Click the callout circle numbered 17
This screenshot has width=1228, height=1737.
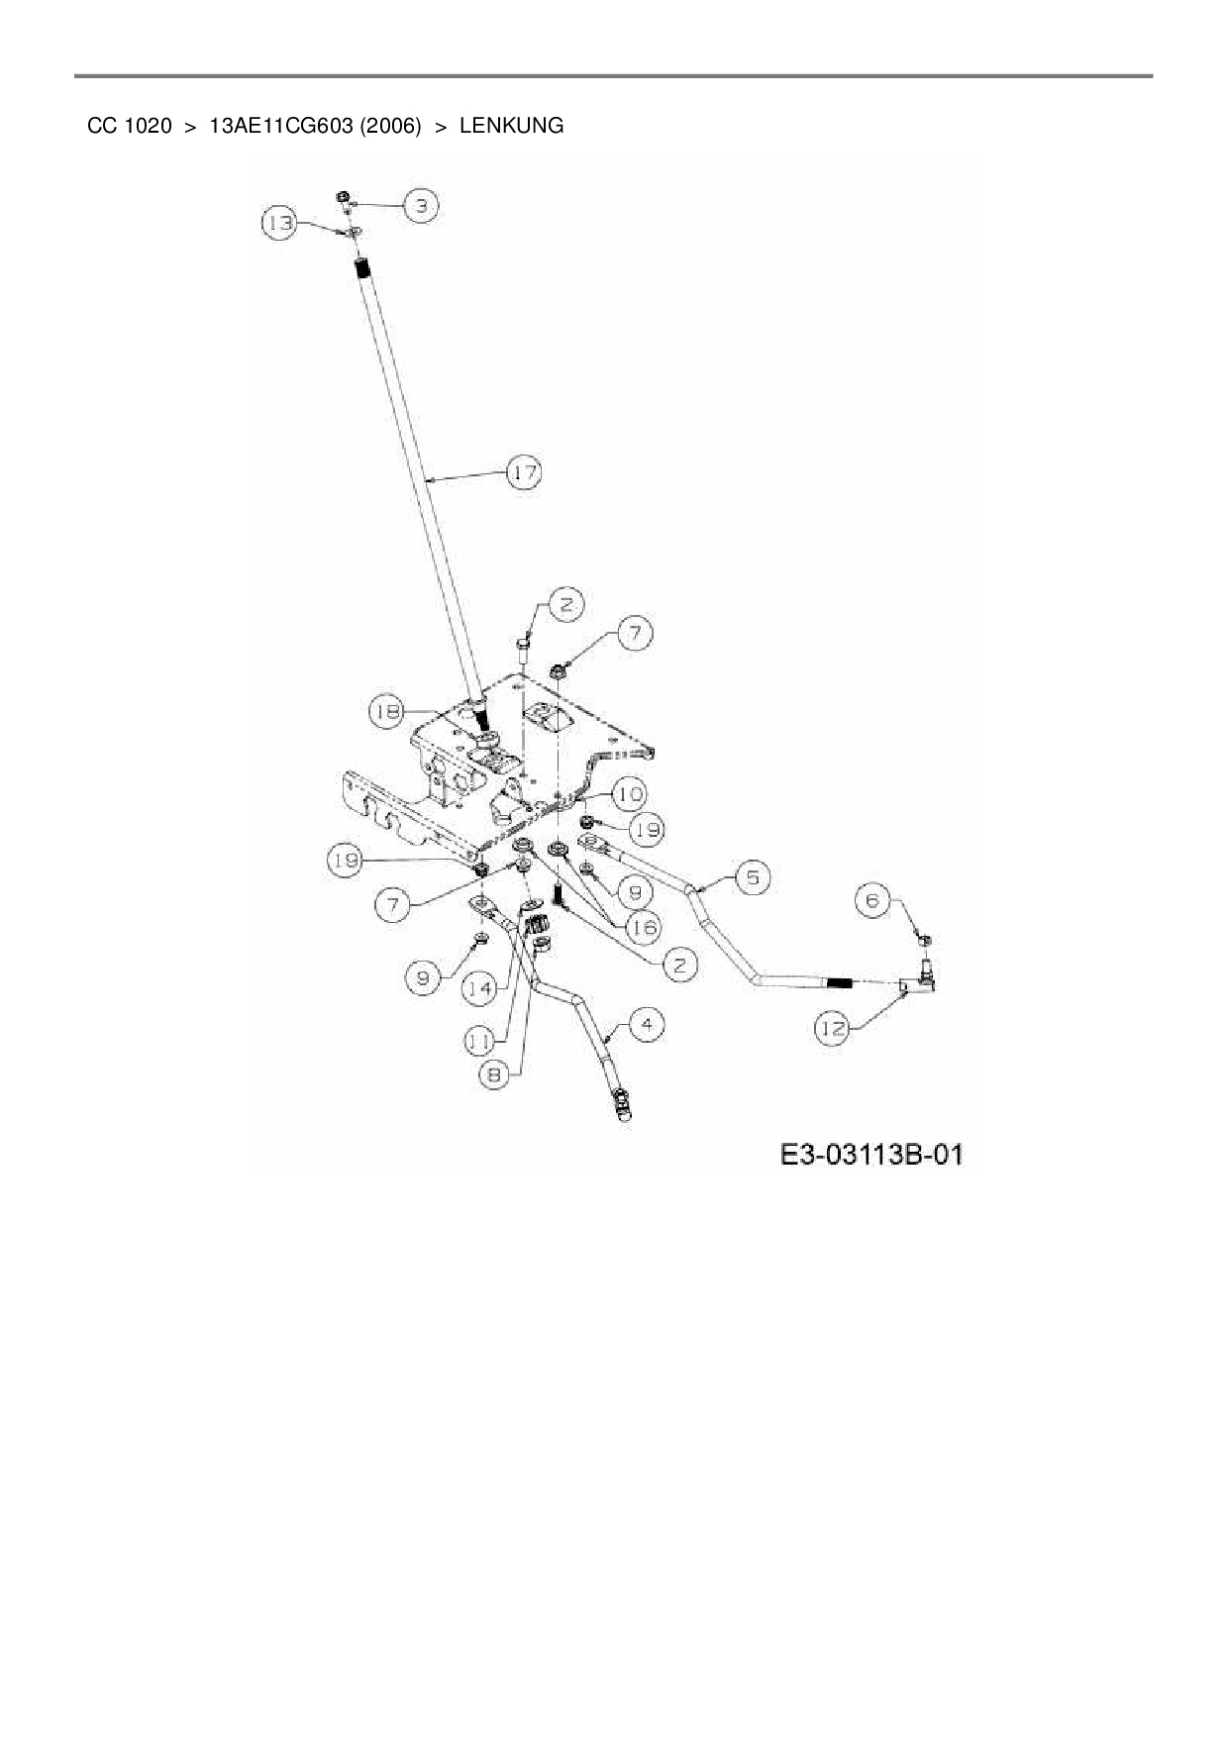(524, 473)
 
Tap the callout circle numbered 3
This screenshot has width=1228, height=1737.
(421, 206)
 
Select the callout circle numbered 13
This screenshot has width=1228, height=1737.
(280, 223)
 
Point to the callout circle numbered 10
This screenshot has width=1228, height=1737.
(629, 794)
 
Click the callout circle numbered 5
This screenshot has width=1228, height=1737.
(753, 877)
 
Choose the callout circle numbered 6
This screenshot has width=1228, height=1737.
(872, 900)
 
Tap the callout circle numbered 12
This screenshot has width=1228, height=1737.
(833, 1029)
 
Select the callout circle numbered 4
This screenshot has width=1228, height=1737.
(646, 1024)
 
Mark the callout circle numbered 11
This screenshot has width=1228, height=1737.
(481, 1040)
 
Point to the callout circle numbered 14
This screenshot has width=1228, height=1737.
(481, 987)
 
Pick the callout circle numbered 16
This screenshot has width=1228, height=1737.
(644, 927)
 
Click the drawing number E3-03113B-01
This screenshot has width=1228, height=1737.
(870, 1155)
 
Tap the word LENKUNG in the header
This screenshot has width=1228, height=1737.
(511, 126)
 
